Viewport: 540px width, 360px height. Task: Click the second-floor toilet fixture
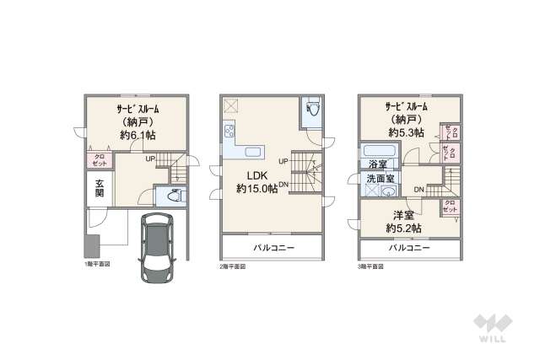tap(312, 110)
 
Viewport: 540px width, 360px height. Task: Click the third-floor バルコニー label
tap(409, 249)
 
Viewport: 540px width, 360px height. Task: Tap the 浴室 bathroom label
tap(378, 164)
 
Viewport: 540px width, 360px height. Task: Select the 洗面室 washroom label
tap(381, 180)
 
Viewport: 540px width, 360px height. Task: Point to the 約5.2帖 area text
tap(404, 228)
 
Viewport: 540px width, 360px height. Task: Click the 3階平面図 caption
tap(370, 266)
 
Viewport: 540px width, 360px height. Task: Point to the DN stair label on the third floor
tap(418, 189)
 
